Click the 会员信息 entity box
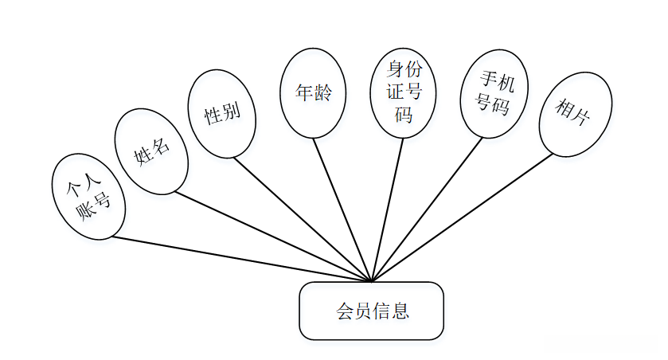(x=371, y=311)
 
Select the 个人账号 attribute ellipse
(x=88, y=197)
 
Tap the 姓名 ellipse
(x=151, y=151)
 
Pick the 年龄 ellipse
(x=313, y=92)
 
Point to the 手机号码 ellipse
(x=494, y=92)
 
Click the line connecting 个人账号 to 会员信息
(x=239, y=260)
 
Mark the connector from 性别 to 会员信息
(x=303, y=217)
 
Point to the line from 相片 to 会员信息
(x=462, y=217)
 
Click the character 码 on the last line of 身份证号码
(x=404, y=114)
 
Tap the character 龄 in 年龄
(x=322, y=92)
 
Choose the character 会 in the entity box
(x=345, y=311)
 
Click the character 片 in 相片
(x=582, y=117)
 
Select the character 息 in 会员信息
(x=400, y=311)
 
